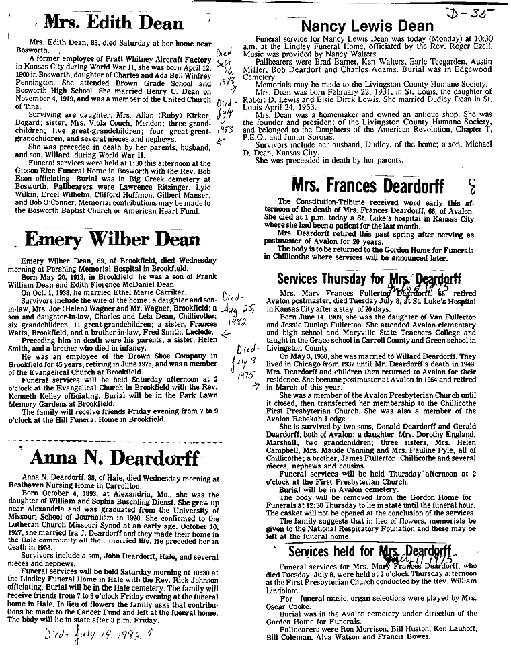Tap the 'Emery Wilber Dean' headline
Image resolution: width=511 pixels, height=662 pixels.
(x=111, y=239)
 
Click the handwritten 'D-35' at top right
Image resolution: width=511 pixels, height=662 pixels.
(x=478, y=11)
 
